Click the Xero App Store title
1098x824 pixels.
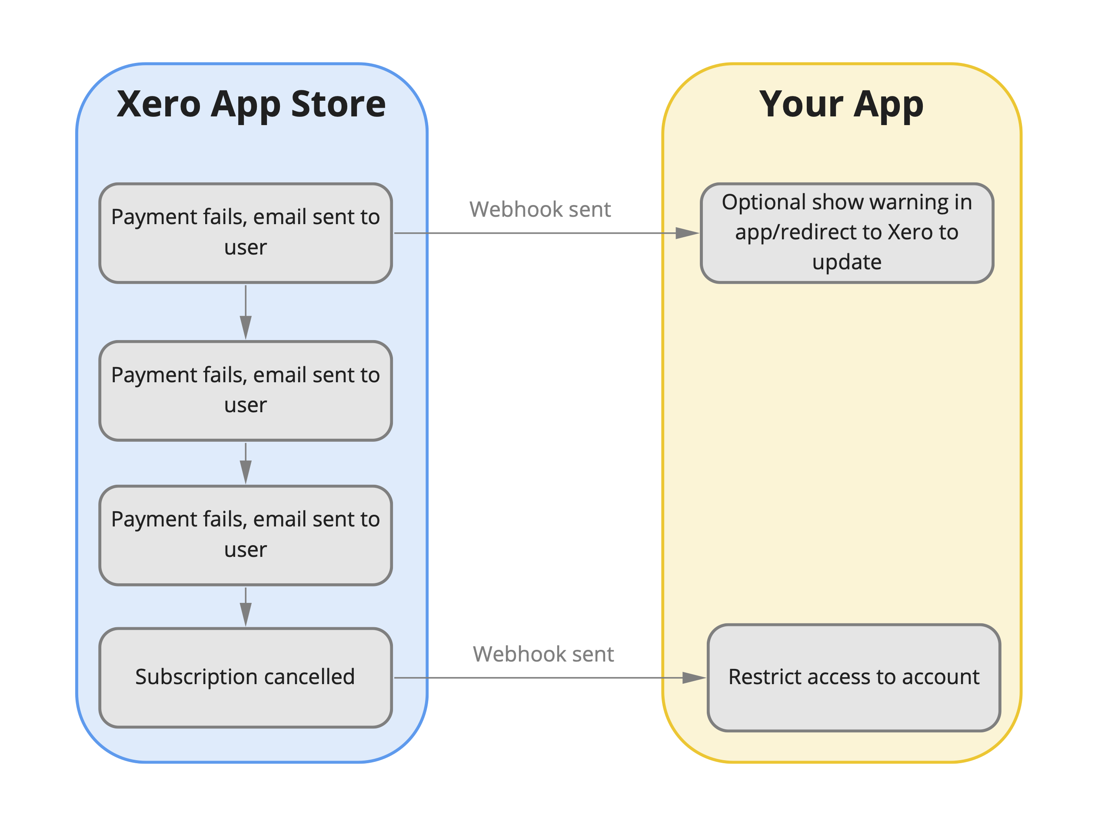(x=251, y=104)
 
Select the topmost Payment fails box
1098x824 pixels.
(x=245, y=233)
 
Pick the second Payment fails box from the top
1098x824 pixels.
(x=245, y=390)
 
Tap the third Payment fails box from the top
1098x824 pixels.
(x=245, y=535)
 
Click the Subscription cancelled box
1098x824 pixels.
(x=245, y=677)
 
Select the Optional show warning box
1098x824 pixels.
(x=846, y=233)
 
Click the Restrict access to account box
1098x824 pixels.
(x=853, y=677)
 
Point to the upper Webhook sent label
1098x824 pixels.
(x=539, y=209)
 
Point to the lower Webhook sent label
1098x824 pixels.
(x=543, y=654)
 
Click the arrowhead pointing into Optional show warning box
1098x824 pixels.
(x=688, y=233)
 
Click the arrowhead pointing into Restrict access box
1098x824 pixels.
(x=694, y=678)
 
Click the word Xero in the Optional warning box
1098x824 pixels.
(x=910, y=232)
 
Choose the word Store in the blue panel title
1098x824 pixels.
(x=338, y=104)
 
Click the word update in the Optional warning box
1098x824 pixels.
(x=846, y=262)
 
